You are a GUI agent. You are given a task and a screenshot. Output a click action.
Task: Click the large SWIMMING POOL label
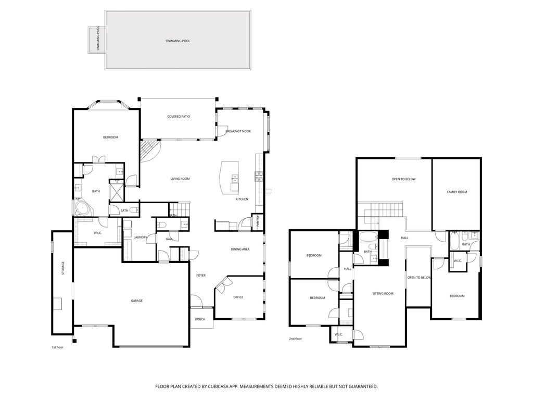coord(178,41)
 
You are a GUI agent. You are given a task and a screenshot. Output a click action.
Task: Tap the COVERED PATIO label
coord(179,117)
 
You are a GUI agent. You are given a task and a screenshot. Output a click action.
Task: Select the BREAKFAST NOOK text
coord(238,131)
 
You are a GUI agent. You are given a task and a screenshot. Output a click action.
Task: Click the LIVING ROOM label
coord(180,179)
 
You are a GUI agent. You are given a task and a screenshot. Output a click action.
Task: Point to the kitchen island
coord(230,177)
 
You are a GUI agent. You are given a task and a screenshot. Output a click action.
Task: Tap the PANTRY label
coord(258,221)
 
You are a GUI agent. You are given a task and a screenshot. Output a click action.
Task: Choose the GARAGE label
coord(137,301)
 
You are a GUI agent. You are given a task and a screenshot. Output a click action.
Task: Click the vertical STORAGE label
coord(63,268)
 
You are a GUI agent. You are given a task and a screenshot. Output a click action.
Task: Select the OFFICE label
coord(238,297)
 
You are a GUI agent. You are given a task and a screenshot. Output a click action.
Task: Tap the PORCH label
coord(200,319)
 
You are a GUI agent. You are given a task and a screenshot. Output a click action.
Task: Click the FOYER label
coord(201,276)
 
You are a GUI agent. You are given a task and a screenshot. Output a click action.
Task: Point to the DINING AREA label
coord(240,249)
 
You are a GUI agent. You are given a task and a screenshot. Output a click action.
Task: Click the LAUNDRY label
coord(141,238)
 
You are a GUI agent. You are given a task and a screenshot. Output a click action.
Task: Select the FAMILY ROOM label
coord(457,192)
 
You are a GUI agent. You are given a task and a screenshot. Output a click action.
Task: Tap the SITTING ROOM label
coord(383,294)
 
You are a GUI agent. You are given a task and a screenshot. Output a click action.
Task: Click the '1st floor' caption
coord(57,347)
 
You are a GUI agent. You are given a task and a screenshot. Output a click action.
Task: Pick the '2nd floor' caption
coord(296,339)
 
